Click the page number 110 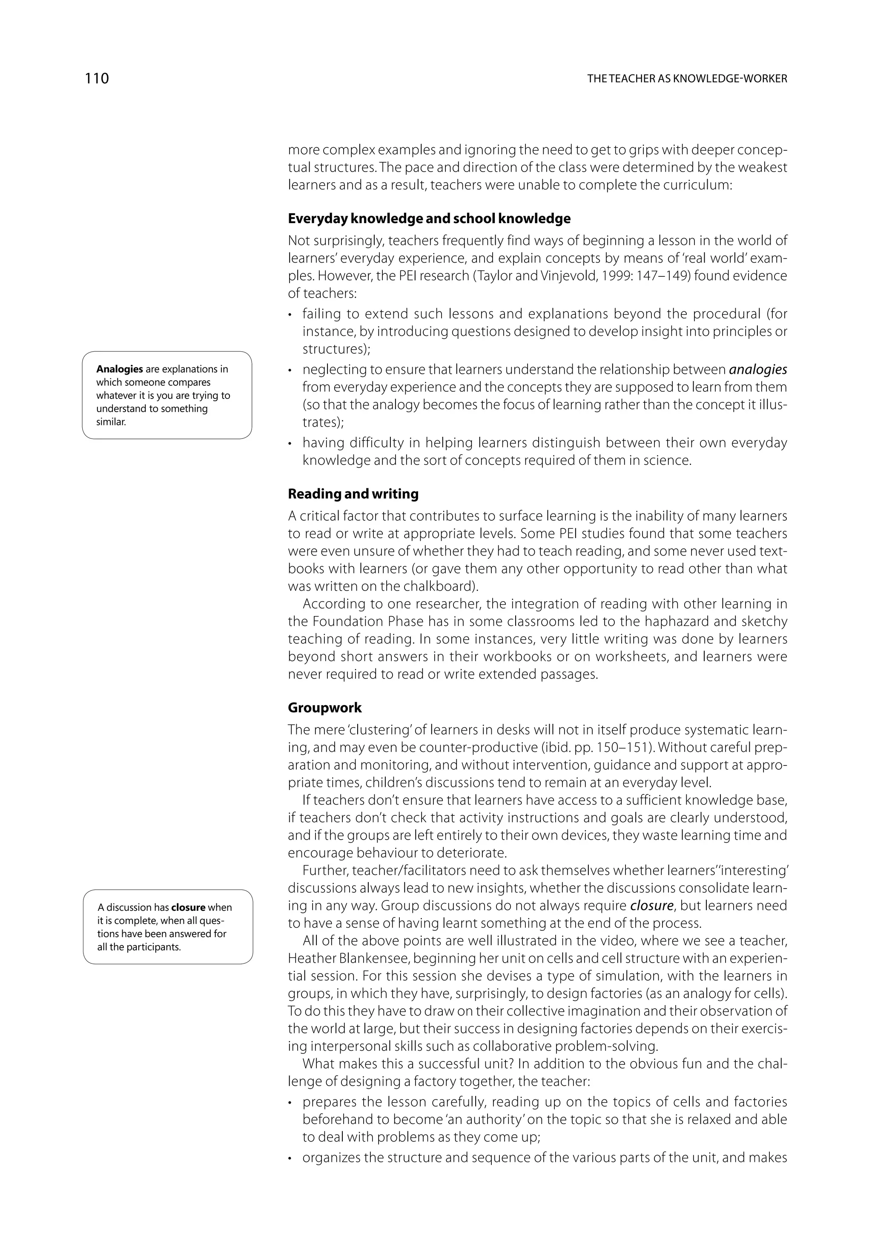pyautogui.click(x=97, y=78)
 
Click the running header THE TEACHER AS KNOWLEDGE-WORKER pyautogui.click(x=687, y=79)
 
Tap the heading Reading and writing pyautogui.click(x=353, y=493)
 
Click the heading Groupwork pyautogui.click(x=324, y=707)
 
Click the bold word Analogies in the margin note pyautogui.click(x=119, y=369)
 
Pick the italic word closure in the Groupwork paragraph pyautogui.click(x=651, y=906)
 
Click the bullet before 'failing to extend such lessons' pyautogui.click(x=290, y=315)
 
